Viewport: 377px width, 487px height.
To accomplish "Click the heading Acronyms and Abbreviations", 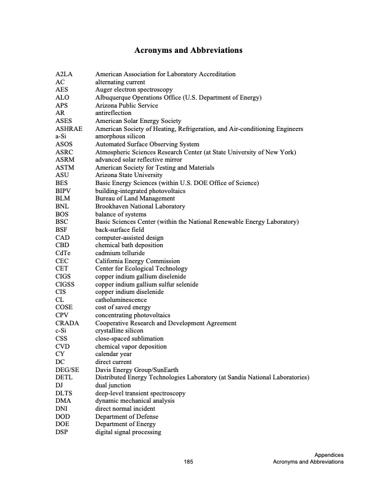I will pos(188,49).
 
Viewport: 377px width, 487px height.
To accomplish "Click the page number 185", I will pos(188,462).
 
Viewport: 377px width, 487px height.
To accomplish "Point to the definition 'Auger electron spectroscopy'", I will pos(133,90).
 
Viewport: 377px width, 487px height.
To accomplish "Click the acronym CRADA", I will pos(67,323).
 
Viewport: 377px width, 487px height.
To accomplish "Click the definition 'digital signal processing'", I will pos(128,432).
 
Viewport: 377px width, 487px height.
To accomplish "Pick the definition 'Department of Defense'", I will pos(126,417).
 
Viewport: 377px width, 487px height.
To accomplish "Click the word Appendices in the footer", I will pos(328,455).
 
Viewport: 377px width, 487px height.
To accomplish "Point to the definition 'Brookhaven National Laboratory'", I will pos(140,207).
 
